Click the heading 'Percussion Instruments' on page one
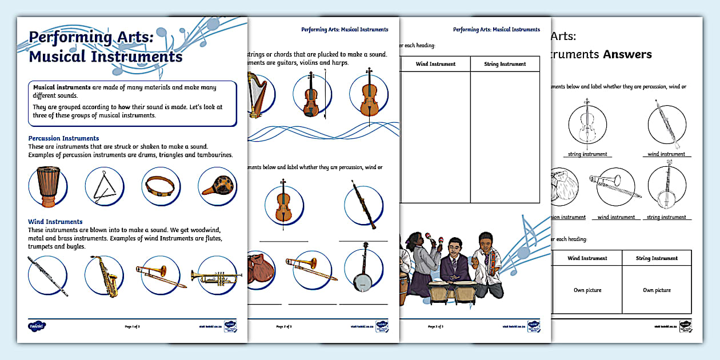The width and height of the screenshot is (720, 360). [x=63, y=138]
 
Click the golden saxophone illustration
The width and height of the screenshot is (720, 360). [x=105, y=276]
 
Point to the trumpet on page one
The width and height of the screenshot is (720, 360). [x=217, y=276]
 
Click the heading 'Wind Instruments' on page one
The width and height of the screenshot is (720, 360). [x=55, y=222]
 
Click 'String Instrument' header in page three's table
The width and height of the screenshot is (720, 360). [x=505, y=64]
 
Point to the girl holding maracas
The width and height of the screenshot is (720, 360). [x=423, y=254]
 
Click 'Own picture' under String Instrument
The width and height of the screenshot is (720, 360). [x=656, y=290]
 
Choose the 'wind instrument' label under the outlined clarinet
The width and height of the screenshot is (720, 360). [x=666, y=154]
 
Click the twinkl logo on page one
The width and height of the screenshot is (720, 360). [x=37, y=326]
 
